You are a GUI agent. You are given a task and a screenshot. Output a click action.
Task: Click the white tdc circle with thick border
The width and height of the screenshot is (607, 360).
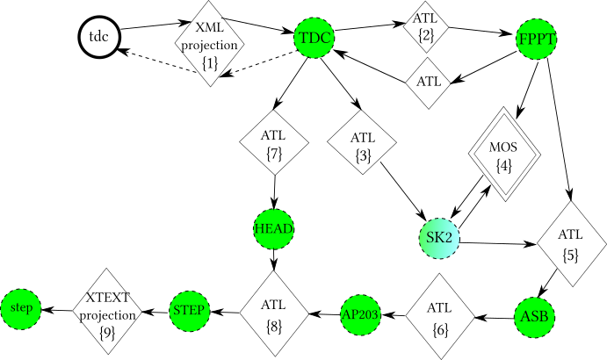point(99,38)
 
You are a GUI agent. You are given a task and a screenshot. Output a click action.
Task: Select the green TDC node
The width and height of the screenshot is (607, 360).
point(314,38)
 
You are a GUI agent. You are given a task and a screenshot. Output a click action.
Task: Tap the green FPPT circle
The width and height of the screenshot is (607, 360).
point(536,39)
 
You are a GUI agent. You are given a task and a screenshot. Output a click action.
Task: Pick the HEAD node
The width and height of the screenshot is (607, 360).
point(274,228)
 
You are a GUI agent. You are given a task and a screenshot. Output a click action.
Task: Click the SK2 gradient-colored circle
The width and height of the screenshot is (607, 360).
point(439,238)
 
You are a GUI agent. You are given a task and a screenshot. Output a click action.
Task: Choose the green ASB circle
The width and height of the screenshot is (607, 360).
point(535,318)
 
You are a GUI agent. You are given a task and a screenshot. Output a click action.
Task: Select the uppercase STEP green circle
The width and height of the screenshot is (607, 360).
point(190,311)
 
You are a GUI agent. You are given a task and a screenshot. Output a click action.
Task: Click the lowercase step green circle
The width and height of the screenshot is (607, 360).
point(21,309)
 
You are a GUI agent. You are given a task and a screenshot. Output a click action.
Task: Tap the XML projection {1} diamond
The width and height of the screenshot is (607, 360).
point(209,43)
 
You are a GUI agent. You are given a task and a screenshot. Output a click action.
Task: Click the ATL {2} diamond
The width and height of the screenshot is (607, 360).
point(426,27)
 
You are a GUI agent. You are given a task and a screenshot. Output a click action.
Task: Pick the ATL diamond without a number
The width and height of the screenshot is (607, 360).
point(429,83)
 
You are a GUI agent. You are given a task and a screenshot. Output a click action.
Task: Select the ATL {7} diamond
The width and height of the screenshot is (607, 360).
point(274,142)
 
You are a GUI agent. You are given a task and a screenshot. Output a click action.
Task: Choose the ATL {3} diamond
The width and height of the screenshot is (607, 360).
point(362,142)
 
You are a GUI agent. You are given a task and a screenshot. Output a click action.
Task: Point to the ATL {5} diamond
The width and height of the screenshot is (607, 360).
point(571,244)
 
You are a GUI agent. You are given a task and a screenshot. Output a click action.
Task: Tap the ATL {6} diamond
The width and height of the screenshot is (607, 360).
point(440,316)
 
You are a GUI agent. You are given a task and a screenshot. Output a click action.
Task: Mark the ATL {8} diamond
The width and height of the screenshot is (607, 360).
point(274,313)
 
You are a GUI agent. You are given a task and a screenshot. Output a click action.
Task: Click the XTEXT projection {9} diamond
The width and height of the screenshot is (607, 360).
point(107,311)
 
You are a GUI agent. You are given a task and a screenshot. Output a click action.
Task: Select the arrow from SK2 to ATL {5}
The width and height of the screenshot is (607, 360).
point(498,243)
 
